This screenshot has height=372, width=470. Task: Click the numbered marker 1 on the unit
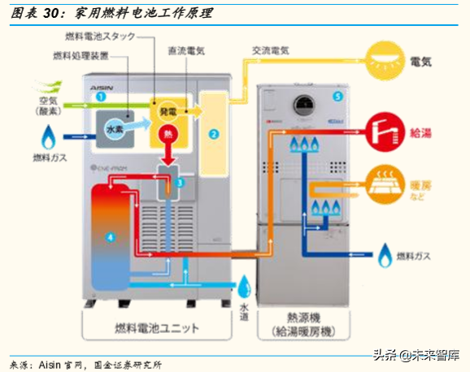coord(101,96)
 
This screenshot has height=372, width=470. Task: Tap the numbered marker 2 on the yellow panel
coord(214,132)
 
